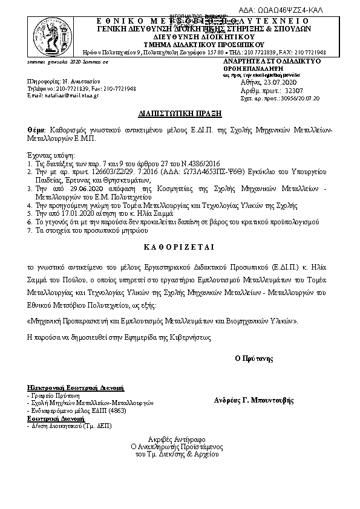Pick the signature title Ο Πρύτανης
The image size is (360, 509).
(254, 358)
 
